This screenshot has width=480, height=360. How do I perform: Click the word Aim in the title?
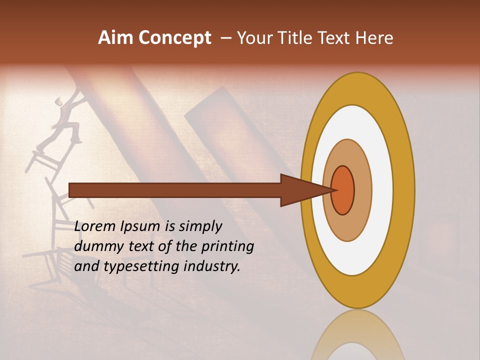tap(116, 38)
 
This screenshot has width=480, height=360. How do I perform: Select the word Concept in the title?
tap(175, 38)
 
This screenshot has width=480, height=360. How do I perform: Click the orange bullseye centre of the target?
tap(343, 190)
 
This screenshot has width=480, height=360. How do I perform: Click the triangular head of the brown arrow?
tap(300, 190)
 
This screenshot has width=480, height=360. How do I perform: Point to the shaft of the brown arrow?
tap(175, 190)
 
